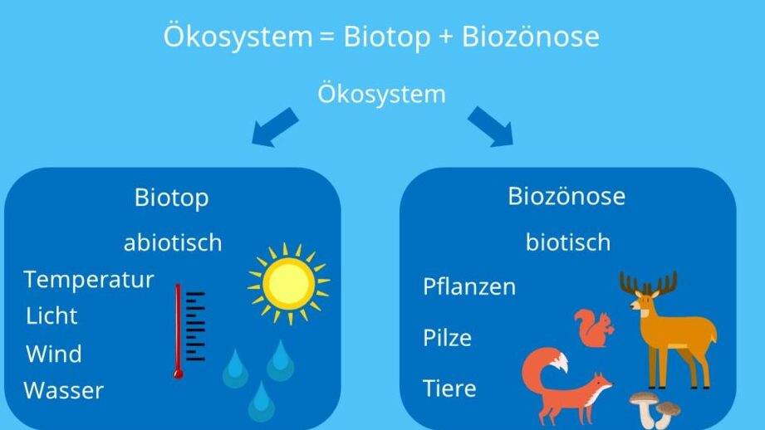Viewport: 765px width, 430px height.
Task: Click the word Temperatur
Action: [x=89, y=281]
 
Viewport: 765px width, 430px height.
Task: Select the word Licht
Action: [x=51, y=316]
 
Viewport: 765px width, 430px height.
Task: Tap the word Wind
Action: [x=54, y=354]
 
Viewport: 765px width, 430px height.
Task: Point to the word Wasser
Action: [x=64, y=390]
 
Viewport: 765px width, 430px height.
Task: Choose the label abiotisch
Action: [x=173, y=242]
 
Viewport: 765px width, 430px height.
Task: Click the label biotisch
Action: [x=568, y=242]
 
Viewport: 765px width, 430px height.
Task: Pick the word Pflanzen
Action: [x=469, y=286]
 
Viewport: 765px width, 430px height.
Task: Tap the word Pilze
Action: [x=448, y=337]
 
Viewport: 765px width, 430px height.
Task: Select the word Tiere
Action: [x=449, y=388]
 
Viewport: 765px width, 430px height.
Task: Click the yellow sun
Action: [x=289, y=284]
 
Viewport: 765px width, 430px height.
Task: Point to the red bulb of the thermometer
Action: [x=178, y=374]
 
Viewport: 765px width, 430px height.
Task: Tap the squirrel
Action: [x=594, y=328]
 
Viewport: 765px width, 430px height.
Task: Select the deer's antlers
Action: [x=649, y=283]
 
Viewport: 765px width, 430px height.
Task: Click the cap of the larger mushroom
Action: [x=644, y=398]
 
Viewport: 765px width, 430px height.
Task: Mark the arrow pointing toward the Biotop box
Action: [x=275, y=127]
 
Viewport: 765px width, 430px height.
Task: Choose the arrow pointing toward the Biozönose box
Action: [x=491, y=126]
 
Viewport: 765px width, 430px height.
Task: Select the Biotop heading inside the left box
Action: [x=172, y=198]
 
